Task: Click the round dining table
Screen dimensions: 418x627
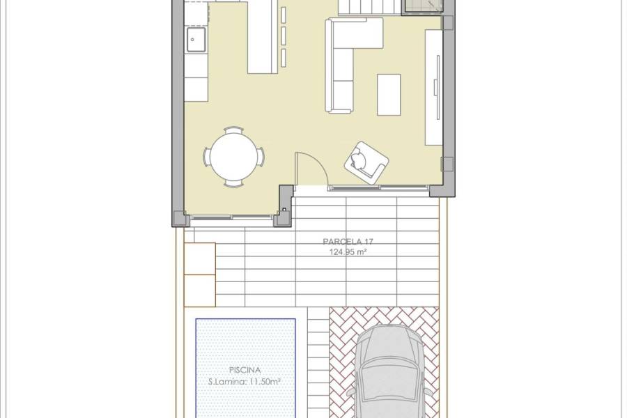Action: [x=233, y=156]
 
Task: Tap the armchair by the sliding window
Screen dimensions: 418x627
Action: [x=366, y=162]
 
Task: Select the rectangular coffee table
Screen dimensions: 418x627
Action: [x=389, y=94]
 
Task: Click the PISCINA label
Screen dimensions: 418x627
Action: [x=245, y=371]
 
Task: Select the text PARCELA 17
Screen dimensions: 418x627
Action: [x=348, y=242]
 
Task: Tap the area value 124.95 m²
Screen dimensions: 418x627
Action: [x=348, y=251]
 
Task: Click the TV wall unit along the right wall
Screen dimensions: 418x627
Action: [x=433, y=87]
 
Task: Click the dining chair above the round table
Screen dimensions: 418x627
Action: [x=233, y=130]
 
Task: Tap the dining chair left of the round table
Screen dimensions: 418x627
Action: [x=207, y=157]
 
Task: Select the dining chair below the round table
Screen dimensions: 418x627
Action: [x=233, y=183]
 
